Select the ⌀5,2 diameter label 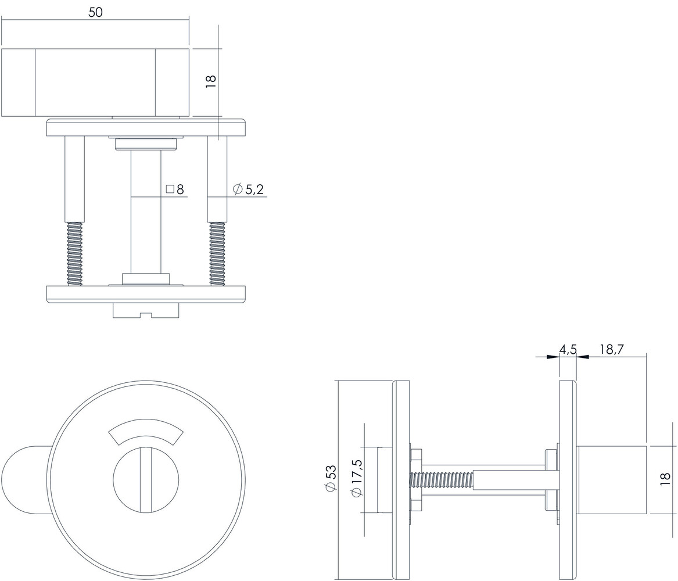248,189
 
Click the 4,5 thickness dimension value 567,349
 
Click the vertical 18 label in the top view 211,81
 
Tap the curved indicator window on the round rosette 146,431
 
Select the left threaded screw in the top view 74,253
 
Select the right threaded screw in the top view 217,253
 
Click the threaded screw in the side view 442,480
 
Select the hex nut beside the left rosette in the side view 416,480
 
